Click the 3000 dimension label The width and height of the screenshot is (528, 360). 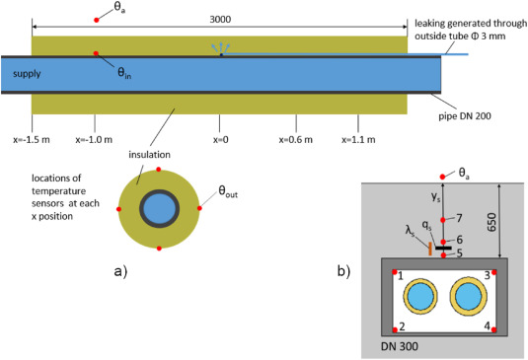(x=220, y=19)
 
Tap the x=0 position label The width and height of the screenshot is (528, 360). (x=220, y=140)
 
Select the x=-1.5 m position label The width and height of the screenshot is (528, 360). (x=32, y=140)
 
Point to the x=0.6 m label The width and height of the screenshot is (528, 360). (x=296, y=140)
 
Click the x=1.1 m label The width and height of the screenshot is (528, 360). (x=358, y=140)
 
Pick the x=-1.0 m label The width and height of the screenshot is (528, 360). (x=94, y=140)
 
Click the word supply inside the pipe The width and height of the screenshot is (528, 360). (x=27, y=74)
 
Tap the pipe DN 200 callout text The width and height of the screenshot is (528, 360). (x=465, y=116)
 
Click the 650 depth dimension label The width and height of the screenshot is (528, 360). (x=492, y=222)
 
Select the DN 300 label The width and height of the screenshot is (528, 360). (x=400, y=346)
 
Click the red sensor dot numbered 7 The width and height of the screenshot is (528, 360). (x=443, y=220)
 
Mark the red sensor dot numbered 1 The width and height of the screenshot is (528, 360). (x=395, y=272)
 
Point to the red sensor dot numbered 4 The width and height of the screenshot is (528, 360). (x=494, y=330)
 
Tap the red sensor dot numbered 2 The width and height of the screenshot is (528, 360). (x=395, y=330)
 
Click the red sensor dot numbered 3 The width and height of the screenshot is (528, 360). (x=494, y=272)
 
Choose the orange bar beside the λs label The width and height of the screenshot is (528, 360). (x=430, y=249)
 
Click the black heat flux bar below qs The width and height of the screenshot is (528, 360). (x=443, y=248)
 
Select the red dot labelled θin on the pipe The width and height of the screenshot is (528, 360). (x=96, y=53)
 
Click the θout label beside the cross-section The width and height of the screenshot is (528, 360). (x=228, y=192)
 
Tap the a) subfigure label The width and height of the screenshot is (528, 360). (x=120, y=270)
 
